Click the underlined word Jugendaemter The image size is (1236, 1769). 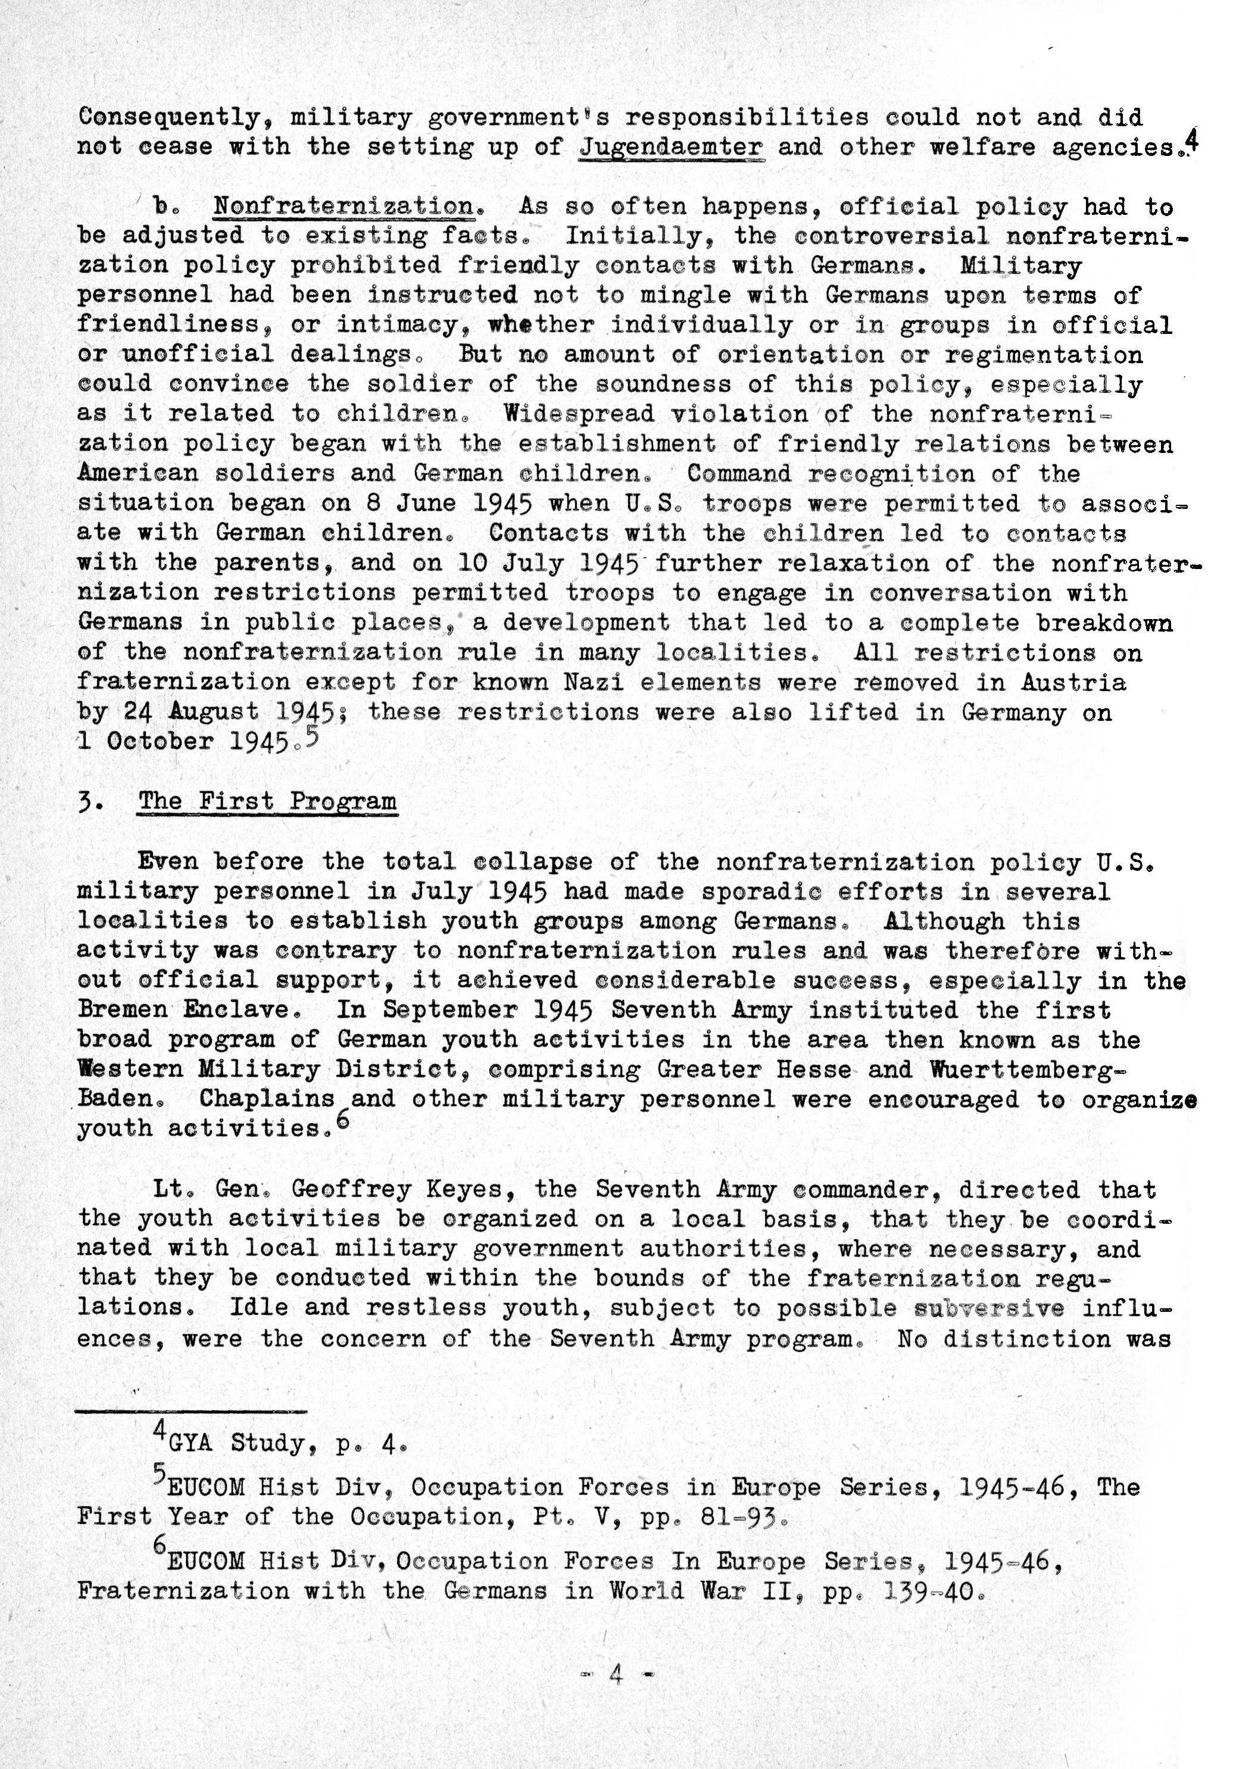[671, 146]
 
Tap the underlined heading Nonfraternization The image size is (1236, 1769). [343, 207]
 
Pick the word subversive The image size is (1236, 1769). [990, 1308]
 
